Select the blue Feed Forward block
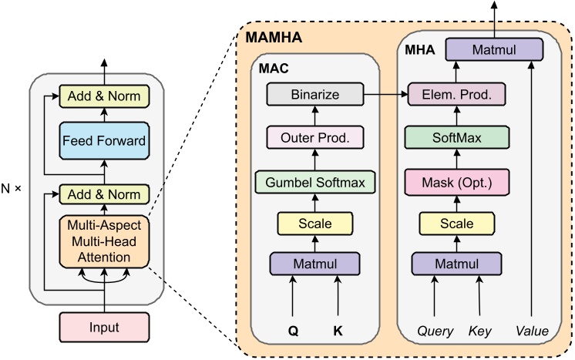click(104, 141)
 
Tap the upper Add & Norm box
click(104, 97)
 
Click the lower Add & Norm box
click(104, 194)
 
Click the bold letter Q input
click(293, 330)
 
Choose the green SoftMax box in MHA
click(457, 138)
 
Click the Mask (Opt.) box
click(457, 182)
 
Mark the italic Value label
click(531, 331)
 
